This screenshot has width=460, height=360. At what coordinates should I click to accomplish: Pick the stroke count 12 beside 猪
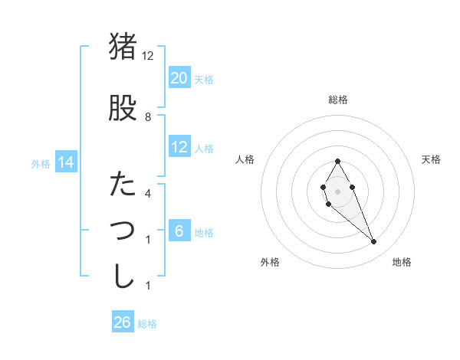148,56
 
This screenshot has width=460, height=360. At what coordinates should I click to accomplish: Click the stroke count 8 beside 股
148,117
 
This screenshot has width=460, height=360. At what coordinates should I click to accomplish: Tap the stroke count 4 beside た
148,194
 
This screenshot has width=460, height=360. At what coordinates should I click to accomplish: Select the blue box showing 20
179,78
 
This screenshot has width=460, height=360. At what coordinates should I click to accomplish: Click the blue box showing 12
179,147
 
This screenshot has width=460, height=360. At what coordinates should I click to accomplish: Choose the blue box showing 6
179,231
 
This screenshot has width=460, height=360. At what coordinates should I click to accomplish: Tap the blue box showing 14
65,162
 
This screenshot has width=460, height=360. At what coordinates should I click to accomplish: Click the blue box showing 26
123,322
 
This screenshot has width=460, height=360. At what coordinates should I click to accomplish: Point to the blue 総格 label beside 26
147,324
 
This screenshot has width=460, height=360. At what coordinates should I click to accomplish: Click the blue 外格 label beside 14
41,163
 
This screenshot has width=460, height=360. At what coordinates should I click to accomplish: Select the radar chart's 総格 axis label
338,100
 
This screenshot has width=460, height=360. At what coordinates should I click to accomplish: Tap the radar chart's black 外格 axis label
270,262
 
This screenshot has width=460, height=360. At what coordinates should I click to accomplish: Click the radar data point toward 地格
373,242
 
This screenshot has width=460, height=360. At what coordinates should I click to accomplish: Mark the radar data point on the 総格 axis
338,161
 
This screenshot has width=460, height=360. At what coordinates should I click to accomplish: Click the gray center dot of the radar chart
338,191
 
